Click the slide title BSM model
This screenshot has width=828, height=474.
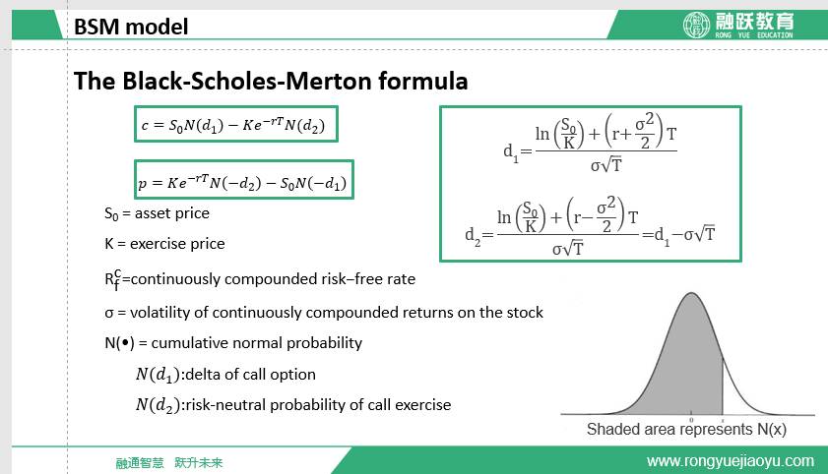pyautogui.click(x=130, y=27)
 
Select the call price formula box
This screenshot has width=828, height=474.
pyautogui.click(x=236, y=125)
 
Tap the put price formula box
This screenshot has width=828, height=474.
pyautogui.click(x=244, y=179)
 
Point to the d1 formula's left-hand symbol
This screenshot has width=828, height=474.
pyautogui.click(x=511, y=151)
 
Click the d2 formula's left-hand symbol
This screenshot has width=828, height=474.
pyautogui.click(x=473, y=236)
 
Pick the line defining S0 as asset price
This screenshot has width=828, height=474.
pyautogui.click(x=157, y=213)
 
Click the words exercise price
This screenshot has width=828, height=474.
pyautogui.click(x=177, y=244)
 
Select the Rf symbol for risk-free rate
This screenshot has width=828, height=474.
pyautogui.click(x=112, y=279)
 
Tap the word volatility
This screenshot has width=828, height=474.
pyautogui.click(x=160, y=312)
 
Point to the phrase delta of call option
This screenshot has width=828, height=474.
pyautogui.click(x=250, y=375)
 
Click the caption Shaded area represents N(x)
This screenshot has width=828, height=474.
pyautogui.click(x=686, y=429)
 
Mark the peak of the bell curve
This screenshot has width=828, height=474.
pyautogui.click(x=691, y=293)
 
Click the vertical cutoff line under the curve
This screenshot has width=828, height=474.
pyautogui.click(x=723, y=386)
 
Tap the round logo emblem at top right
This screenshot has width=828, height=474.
pyautogui.click(x=696, y=25)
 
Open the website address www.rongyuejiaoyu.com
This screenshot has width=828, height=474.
pyautogui.click(x=731, y=461)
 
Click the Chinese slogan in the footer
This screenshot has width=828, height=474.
pyautogui.click(x=169, y=463)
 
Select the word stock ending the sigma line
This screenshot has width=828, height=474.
pyautogui.click(x=525, y=312)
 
